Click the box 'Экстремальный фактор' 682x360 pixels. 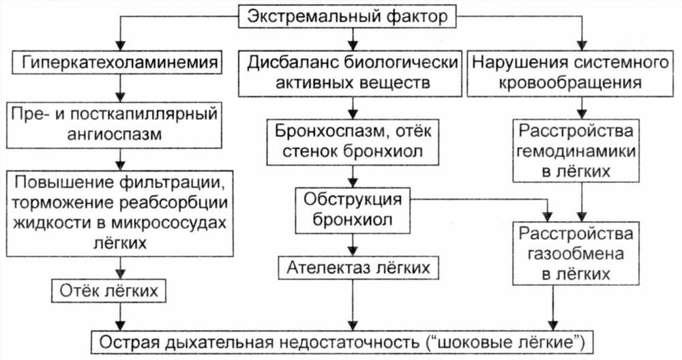click(x=348, y=17)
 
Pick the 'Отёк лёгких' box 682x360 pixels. click(x=108, y=291)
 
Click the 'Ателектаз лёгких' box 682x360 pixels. click(x=359, y=268)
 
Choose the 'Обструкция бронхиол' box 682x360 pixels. click(x=353, y=210)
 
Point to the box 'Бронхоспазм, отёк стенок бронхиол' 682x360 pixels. click(x=353, y=142)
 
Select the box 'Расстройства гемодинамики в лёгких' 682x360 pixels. click(x=576, y=151)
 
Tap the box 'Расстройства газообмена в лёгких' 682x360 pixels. click(x=576, y=254)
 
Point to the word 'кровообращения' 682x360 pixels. click(x=570, y=82)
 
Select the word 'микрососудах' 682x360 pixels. click(x=168, y=222)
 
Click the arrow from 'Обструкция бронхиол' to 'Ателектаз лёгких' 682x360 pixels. click(x=353, y=245)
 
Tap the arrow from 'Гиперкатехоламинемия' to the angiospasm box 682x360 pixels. click(x=121, y=88)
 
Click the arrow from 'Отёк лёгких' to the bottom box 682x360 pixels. click(x=121, y=316)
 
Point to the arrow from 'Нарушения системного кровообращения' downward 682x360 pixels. click(x=582, y=108)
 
